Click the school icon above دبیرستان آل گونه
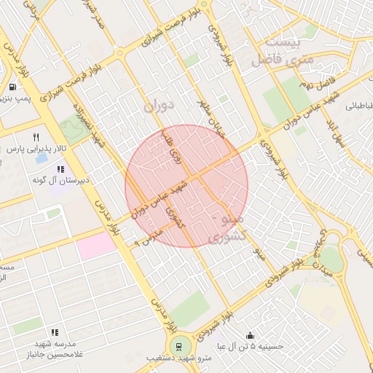tap(60, 169)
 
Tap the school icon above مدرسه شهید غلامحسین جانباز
tap(55, 332)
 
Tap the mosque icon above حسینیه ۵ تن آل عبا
tap(251, 336)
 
